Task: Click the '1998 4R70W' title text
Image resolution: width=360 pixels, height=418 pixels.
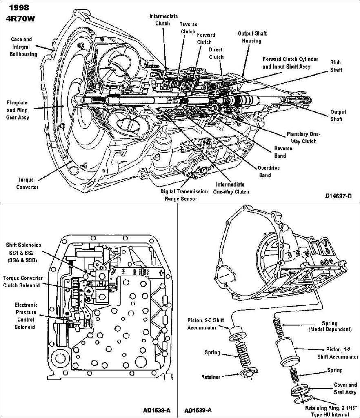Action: point(19,13)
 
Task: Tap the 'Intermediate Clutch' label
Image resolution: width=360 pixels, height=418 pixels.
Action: point(163,20)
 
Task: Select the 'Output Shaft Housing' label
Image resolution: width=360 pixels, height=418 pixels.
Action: point(252,37)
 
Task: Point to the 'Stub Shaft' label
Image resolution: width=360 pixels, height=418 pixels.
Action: point(336,67)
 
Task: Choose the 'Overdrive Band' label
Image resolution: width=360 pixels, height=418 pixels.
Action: point(268,171)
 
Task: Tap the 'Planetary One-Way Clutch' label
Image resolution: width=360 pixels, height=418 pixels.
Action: point(304,138)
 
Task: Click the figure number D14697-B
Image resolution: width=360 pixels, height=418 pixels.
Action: point(338,196)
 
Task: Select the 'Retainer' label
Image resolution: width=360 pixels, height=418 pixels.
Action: point(211,377)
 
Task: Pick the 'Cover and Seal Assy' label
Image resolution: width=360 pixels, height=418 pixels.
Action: point(345,388)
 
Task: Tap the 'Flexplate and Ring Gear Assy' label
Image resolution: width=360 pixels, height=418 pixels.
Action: point(17,108)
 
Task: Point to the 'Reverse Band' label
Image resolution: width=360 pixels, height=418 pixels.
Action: point(283,152)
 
